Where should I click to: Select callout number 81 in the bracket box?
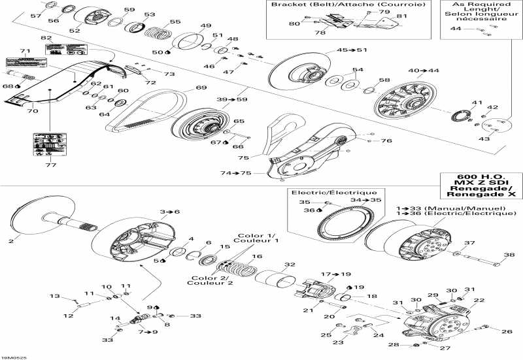(401, 16)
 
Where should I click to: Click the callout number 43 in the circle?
(484, 139)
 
